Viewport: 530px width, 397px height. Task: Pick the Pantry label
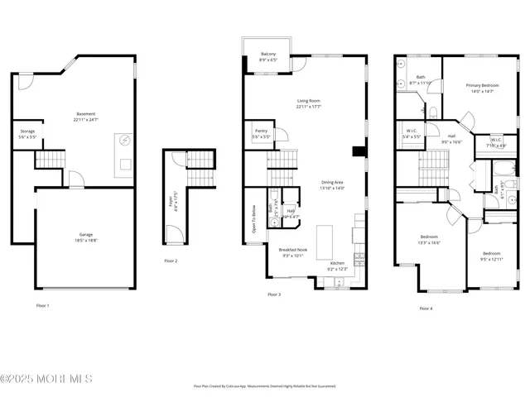[x=259, y=133]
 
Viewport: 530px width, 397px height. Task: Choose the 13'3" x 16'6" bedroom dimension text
[x=429, y=243]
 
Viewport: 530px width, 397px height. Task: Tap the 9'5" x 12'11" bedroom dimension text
[x=491, y=259]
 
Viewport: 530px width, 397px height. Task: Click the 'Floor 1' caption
[x=42, y=306]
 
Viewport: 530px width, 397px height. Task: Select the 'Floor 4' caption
[x=426, y=309]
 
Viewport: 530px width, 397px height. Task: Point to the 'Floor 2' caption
[x=171, y=261]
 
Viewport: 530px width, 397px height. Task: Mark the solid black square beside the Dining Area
[x=357, y=151]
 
